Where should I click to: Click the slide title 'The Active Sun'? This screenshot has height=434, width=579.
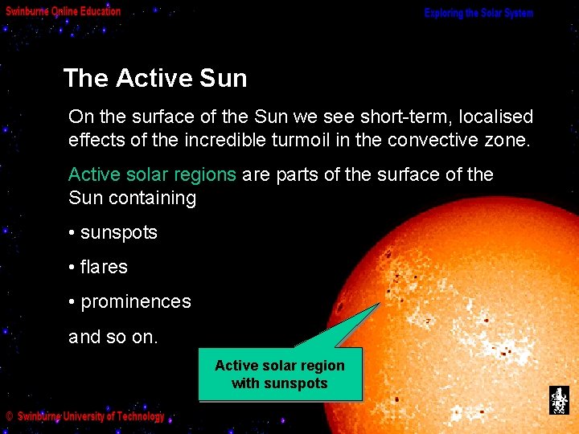click(x=155, y=78)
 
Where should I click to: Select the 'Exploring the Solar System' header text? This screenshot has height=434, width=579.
click(x=478, y=14)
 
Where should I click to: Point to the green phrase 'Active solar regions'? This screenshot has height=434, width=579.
click(x=152, y=174)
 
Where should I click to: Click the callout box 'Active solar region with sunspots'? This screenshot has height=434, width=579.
click(x=280, y=375)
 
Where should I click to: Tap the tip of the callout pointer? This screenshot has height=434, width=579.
click(x=379, y=304)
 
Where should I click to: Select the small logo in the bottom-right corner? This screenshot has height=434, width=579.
click(x=558, y=400)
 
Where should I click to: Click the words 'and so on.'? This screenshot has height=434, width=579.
click(x=113, y=336)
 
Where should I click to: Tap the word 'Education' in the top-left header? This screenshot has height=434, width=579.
click(x=100, y=11)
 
